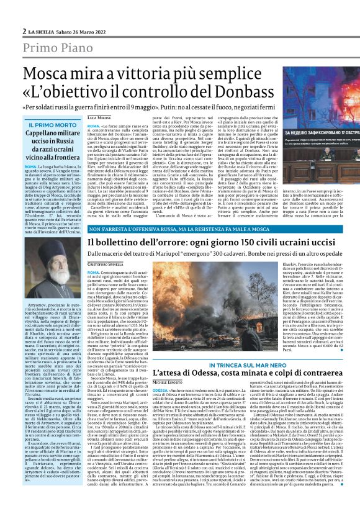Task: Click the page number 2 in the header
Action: (24, 31)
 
